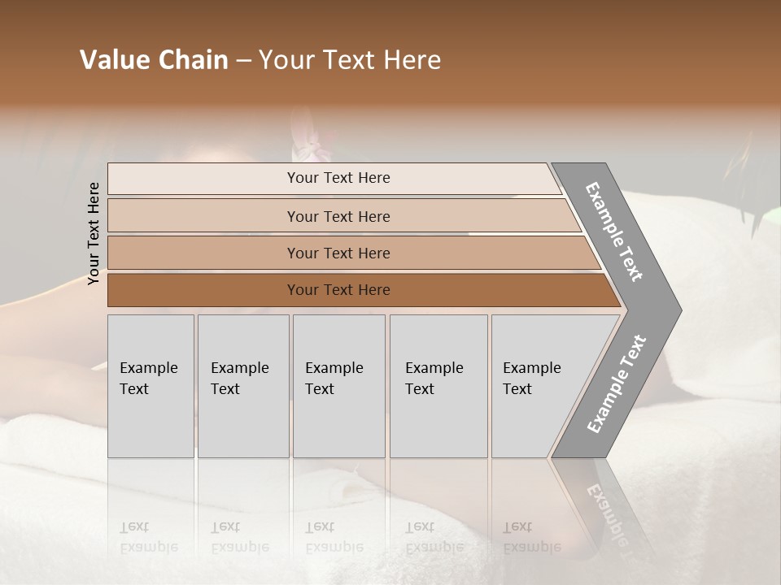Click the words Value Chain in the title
(154, 60)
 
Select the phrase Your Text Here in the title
(350, 60)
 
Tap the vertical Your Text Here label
(94, 234)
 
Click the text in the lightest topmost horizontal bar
(338, 178)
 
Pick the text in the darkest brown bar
(338, 290)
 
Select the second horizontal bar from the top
(338, 216)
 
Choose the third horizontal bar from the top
(338, 253)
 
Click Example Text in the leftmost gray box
(148, 379)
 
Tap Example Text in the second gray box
(239, 379)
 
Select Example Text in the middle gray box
(334, 379)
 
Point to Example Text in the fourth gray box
(434, 379)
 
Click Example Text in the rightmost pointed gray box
(531, 379)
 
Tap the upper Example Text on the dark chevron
(614, 232)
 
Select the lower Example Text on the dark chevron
(617, 384)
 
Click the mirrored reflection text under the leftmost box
(148, 537)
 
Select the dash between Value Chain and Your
(243, 60)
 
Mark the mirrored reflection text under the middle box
(334, 537)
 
